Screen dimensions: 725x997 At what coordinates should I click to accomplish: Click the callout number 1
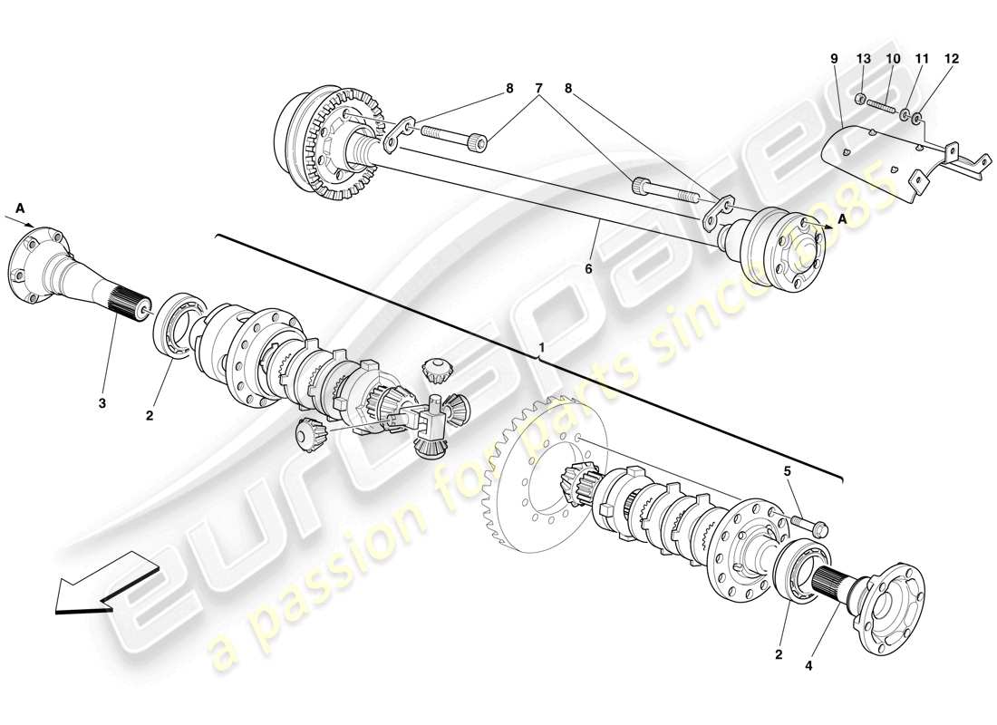tap(542, 348)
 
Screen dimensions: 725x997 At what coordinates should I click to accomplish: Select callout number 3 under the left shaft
tap(102, 403)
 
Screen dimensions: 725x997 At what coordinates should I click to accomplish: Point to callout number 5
tap(788, 470)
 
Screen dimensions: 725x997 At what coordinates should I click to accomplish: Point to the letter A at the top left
tap(19, 208)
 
